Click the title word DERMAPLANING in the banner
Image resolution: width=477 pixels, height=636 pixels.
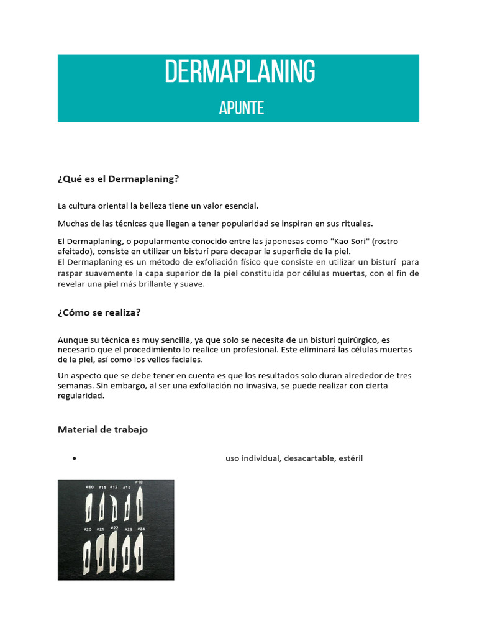tap(240, 72)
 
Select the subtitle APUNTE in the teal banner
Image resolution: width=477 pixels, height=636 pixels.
tap(241, 108)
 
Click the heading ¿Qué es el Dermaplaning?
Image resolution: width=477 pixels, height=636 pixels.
tap(118, 179)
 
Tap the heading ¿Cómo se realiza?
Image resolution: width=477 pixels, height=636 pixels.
tap(99, 312)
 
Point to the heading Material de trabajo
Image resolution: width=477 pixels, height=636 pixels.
tap(102, 429)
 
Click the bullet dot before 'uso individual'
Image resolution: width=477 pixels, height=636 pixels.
tap(74, 459)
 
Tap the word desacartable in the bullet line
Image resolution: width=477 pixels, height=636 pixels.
tap(309, 458)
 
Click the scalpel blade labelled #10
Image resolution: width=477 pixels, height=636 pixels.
tap(89, 507)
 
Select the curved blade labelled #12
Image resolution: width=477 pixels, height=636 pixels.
tap(114, 508)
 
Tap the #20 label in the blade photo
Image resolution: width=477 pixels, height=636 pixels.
tap(88, 529)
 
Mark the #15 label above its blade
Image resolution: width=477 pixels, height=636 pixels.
tap(126, 488)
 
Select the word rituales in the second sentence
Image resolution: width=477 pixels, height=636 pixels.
tap(357, 224)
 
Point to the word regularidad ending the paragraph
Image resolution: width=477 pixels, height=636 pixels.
tap(81, 396)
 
